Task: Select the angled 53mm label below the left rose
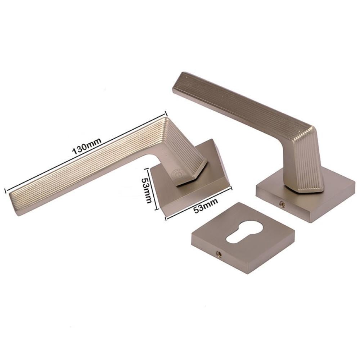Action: click(206, 206)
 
